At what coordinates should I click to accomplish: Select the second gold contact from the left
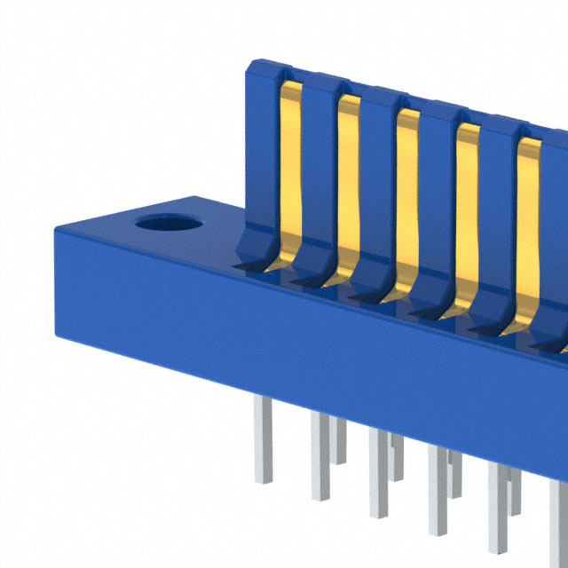pos(349,177)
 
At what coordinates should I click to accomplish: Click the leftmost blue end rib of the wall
pos(262,151)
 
